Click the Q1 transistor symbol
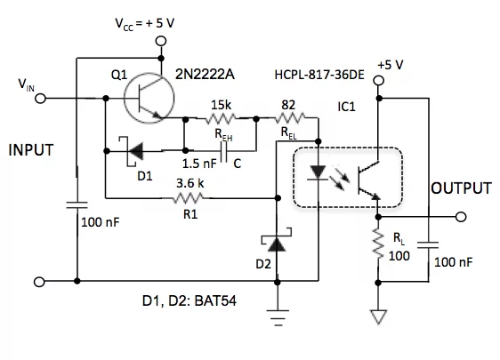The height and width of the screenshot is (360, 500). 149,99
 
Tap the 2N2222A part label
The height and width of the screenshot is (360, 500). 205,75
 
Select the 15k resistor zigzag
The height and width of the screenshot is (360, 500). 221,119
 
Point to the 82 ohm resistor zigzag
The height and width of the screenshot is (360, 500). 289,118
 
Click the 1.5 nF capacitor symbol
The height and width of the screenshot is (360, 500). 224,151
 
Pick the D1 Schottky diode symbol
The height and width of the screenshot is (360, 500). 132,151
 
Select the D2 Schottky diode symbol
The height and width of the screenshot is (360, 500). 277,243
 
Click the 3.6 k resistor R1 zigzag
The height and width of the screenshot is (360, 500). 190,198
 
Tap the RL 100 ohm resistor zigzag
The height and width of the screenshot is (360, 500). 378,244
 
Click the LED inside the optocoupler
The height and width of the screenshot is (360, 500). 318,173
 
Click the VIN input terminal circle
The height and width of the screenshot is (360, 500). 40,99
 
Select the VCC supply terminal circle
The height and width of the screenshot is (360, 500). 161,41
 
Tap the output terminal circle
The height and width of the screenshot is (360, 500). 461,217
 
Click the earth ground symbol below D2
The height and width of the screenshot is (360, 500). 278,317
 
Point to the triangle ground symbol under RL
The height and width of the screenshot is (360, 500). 378,316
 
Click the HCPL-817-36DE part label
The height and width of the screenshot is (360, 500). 319,75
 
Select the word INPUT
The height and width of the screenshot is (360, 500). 31,150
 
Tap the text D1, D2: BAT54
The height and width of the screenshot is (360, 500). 190,300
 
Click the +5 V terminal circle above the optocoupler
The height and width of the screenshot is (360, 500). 378,80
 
